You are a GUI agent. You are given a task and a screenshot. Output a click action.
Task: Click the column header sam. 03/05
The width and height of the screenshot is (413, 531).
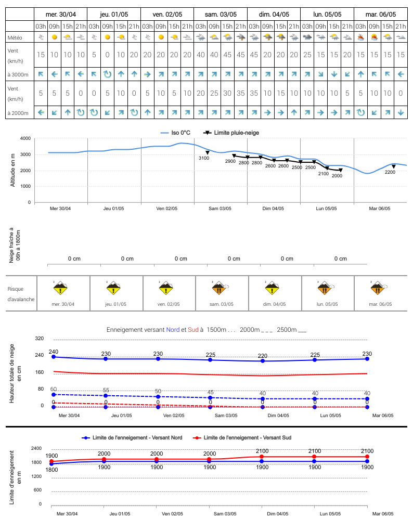point(221,15)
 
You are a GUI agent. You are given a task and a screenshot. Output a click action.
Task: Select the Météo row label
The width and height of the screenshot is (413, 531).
point(15,37)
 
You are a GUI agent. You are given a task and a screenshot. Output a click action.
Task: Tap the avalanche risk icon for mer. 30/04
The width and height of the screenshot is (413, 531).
point(60,288)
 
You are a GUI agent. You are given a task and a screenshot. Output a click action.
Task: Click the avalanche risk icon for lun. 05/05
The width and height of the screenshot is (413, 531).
point(325,288)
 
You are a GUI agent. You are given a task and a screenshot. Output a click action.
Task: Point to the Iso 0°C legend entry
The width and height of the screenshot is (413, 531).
point(175,133)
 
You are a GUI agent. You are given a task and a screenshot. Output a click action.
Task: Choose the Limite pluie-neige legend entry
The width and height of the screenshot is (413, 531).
point(231,133)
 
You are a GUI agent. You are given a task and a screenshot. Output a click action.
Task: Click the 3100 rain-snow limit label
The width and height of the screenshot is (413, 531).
point(203,158)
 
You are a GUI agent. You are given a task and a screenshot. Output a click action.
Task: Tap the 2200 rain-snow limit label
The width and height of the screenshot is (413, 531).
point(390,172)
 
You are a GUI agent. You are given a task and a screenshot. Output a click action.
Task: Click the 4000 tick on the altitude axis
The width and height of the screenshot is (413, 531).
point(25,138)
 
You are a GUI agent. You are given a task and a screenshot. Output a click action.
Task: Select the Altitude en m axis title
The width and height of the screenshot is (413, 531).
point(13,170)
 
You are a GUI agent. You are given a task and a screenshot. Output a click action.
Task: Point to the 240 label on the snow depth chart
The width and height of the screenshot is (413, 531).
point(54,352)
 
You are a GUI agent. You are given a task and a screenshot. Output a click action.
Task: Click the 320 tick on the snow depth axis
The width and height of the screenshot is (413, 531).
point(40,338)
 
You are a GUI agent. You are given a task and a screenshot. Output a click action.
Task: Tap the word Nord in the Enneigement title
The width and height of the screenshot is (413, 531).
point(173,330)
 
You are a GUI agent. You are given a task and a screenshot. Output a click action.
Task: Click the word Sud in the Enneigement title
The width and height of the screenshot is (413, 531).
point(193,330)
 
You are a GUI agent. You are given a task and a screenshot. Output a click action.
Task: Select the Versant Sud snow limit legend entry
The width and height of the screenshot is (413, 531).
point(242,437)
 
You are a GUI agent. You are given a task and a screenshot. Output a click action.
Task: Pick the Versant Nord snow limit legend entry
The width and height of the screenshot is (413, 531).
point(132,437)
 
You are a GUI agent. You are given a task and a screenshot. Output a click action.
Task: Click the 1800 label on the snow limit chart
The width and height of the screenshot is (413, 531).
point(51,470)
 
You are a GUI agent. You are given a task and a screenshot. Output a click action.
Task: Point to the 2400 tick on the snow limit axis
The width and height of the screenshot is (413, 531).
point(36,448)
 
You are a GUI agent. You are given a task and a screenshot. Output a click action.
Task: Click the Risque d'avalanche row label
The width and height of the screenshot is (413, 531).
point(21,294)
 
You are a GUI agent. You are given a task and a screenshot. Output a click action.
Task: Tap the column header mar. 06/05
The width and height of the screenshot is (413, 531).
point(381,15)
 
